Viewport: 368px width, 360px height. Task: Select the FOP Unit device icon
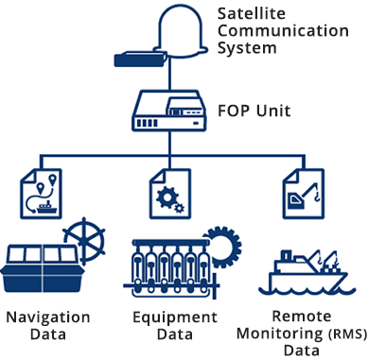pyautogui.click(x=169, y=111)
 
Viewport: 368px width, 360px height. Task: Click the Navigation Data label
pyautogui.click(x=47, y=324)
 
